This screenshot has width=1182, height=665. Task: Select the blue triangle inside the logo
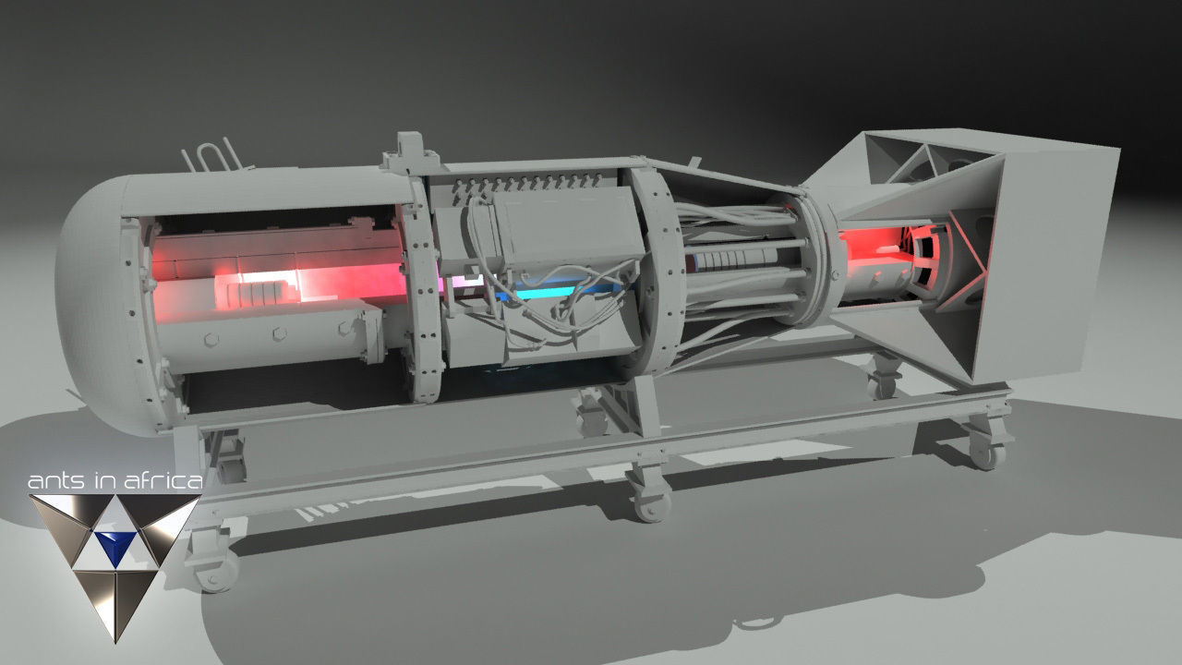click(115, 546)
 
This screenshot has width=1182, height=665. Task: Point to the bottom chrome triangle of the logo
click(115, 600)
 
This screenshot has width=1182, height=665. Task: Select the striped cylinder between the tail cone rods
click(730, 260)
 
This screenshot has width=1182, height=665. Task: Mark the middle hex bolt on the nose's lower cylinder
click(277, 333)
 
